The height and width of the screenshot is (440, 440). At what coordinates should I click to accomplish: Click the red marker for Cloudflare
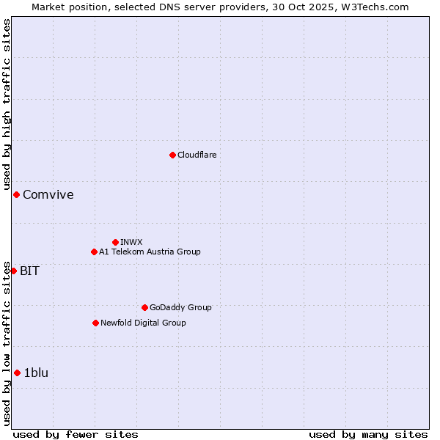tap(172, 155)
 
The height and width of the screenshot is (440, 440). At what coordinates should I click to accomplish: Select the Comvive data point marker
tap(16, 194)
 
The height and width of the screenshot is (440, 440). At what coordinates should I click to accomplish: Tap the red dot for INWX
tap(115, 242)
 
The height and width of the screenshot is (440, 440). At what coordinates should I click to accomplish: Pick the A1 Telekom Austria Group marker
tap(94, 252)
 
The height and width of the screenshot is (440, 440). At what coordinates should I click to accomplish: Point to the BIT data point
tap(13, 271)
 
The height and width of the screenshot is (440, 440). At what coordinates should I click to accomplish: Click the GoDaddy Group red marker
tap(144, 307)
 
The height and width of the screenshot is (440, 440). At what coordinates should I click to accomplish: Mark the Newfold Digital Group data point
tap(95, 323)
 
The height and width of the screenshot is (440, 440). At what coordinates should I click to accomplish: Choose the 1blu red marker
tap(17, 373)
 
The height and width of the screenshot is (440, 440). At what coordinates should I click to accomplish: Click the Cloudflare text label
tap(197, 155)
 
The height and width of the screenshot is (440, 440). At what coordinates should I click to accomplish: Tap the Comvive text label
tap(48, 194)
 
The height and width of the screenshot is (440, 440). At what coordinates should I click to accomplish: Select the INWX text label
tap(131, 242)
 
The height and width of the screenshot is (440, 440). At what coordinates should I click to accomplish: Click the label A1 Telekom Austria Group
tap(150, 252)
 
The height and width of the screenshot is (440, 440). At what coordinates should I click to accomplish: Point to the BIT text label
tap(29, 271)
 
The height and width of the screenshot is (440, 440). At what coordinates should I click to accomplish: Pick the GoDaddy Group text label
tap(180, 307)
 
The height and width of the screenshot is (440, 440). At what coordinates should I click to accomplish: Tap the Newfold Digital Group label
tap(143, 323)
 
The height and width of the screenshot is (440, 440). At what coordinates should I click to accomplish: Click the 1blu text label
tap(36, 373)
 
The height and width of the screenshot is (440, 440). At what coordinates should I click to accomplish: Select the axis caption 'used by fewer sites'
tap(76, 434)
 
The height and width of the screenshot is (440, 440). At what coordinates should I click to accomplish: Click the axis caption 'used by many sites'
tap(368, 434)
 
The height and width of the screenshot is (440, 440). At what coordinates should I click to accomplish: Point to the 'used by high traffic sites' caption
tap(7, 104)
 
